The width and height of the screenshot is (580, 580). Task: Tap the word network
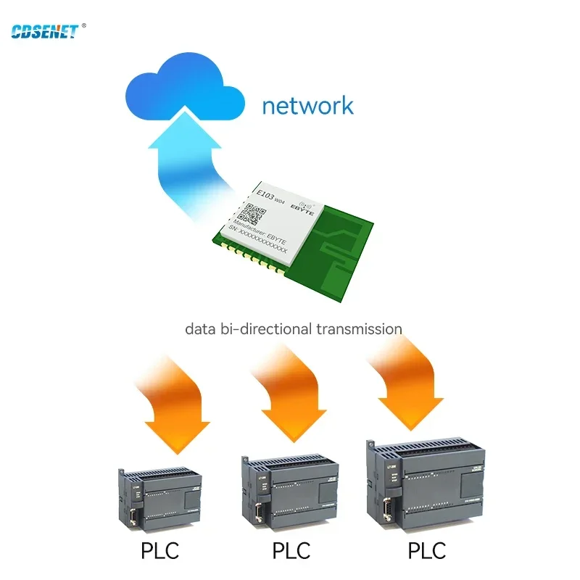point(307,107)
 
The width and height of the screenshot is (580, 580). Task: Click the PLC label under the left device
point(159,552)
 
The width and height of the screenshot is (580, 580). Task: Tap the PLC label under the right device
point(428,552)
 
